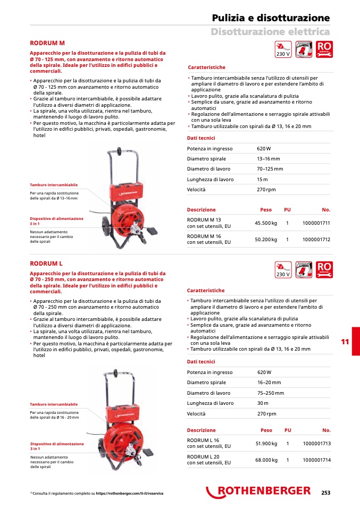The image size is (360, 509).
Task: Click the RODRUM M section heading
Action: point(47,43)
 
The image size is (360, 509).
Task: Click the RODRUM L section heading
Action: point(46,263)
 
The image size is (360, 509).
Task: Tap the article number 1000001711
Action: point(316,223)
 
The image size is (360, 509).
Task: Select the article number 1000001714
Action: point(316,460)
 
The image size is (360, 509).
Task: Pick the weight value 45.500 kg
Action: point(266,223)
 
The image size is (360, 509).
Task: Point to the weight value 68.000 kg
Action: point(266,460)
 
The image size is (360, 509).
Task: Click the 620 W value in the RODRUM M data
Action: point(264,149)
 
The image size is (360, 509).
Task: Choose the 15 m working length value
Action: point(262,180)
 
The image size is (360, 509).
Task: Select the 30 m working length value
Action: point(263,403)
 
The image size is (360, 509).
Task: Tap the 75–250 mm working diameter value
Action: point(271,393)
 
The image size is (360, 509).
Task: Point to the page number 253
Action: point(325,493)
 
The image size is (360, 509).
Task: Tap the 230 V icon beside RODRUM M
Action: point(283,49)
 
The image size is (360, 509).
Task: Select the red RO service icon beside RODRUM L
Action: point(324,269)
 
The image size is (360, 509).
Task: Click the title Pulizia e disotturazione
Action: point(271,18)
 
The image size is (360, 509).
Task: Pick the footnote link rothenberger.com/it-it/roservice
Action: point(129,494)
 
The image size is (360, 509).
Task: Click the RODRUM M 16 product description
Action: point(209,239)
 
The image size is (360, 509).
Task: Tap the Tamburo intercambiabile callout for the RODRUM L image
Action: point(54,404)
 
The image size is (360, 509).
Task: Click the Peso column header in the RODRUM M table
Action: point(266,210)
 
